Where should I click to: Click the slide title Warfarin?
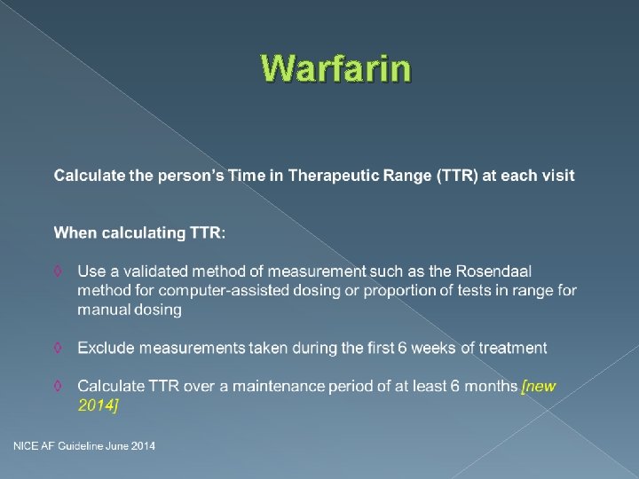[336, 68]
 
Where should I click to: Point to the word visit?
[557, 176]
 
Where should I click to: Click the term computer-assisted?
[207, 290]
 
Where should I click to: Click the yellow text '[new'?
[539, 386]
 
